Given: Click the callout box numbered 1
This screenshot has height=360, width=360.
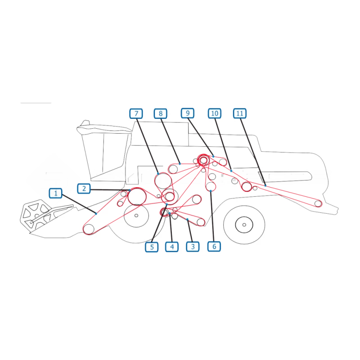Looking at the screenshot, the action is point(55,193).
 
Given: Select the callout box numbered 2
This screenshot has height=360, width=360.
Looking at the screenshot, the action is point(84,189).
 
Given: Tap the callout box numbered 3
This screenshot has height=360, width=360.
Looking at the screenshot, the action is point(193,247).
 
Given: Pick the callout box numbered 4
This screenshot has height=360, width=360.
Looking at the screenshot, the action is point(172,247).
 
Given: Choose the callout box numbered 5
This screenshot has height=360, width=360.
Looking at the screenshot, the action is point(152,247).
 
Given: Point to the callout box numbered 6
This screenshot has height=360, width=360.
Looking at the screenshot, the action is point(214,246).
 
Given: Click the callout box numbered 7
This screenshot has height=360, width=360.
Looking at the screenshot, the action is point(136,113).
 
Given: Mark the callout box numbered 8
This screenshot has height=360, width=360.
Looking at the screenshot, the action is point(161,113).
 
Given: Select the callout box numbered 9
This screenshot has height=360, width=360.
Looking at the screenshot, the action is point(188,113).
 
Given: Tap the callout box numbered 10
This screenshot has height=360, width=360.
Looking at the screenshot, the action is point(215,113).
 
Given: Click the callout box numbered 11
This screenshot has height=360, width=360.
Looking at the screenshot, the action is point(240,113).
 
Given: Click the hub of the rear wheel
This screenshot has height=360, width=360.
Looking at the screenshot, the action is point(244,225).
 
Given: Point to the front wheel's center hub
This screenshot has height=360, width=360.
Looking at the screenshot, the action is point(136,216).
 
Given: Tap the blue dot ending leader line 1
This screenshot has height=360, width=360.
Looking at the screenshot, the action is point(96,214).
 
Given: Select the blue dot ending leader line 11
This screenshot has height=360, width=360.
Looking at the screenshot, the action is point(265,185).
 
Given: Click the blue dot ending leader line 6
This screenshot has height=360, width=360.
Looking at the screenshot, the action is point(211,191).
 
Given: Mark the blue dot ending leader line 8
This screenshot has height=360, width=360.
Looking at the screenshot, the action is point(180,164).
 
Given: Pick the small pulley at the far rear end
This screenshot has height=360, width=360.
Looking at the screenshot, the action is point(318,203).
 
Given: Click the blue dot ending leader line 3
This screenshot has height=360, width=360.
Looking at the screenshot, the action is point(188,220).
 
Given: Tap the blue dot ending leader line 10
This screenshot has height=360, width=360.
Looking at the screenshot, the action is point(231,171).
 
